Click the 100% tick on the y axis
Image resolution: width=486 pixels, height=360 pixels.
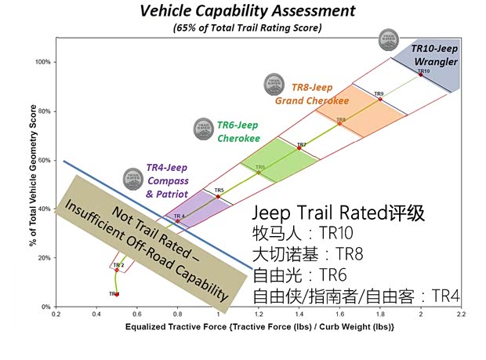click(42, 62)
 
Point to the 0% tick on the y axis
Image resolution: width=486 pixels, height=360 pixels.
click(45, 307)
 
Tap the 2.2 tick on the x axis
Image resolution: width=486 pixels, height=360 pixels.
click(462, 315)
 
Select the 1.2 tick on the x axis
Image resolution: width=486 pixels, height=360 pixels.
click(259, 315)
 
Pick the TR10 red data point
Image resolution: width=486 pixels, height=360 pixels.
click(421, 75)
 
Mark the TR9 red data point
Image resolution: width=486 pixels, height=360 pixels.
click(380, 99)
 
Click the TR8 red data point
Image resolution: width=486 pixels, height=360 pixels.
click(339, 123)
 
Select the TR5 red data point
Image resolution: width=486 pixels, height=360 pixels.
click(218, 196)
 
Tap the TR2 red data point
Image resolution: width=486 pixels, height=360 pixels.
click(118, 270)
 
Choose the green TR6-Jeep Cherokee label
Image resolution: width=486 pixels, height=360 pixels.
click(238, 131)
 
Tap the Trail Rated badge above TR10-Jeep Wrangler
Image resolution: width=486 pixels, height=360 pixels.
click(387, 38)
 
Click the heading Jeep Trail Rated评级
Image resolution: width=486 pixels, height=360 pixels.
click(338, 213)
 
